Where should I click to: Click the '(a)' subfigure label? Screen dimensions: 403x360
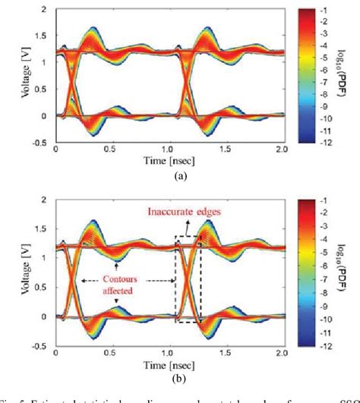[x=179, y=174]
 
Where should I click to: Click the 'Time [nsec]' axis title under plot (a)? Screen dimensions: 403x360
[x=180, y=160]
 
